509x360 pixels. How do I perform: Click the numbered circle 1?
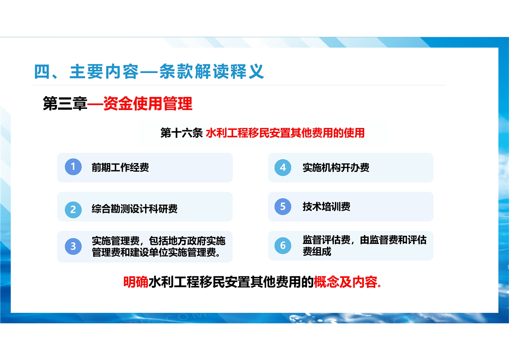tap(73, 167)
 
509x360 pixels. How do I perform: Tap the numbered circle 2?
tap(73, 210)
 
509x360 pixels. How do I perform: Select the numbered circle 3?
tap(73, 247)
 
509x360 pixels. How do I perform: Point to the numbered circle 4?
tap(283, 168)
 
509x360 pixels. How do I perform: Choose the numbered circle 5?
tap(283, 207)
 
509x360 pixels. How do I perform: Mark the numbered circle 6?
tap(283, 246)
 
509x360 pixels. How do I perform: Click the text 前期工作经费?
tap(120, 168)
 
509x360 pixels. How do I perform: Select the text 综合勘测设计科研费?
tap(134, 208)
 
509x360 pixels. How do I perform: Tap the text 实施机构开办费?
tap(336, 168)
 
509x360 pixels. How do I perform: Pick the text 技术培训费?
tap(326, 207)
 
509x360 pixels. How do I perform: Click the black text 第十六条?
tap(181, 133)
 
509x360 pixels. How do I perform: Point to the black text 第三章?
tap(65, 104)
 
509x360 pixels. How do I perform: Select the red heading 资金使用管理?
tap(148, 104)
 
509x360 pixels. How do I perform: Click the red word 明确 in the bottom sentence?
tap(136, 282)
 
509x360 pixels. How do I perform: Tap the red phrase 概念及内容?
tap(345, 282)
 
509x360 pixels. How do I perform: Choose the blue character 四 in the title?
tap(42, 71)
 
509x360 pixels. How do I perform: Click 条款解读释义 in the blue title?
tap(211, 71)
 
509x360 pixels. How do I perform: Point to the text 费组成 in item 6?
tap(317, 252)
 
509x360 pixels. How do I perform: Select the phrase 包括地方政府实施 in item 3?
tap(187, 241)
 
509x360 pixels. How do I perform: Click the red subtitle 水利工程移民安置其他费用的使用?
tap(285, 133)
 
